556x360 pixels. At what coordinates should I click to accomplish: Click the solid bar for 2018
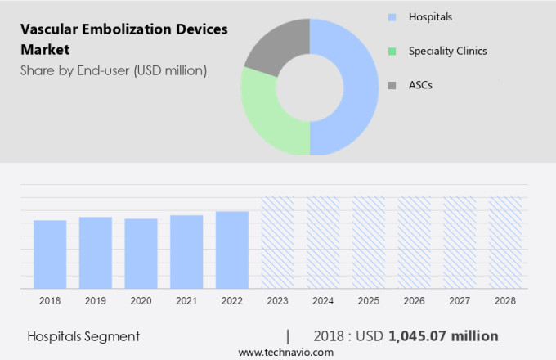pos(50,254)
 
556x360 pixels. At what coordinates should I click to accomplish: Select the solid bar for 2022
pos(232,250)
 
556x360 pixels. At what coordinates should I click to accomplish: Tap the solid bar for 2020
pos(141,254)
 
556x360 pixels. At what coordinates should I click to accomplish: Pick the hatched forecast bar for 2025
pos(369,242)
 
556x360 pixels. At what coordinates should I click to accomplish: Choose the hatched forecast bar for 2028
pos(505,242)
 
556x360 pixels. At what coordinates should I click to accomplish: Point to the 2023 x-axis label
pos(277,301)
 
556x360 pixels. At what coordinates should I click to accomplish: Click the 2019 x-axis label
pos(95,301)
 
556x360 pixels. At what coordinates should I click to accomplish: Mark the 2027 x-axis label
pos(460,301)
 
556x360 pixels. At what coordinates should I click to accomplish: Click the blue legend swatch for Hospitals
pos(392,17)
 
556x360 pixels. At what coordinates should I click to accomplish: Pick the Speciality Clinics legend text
pos(448,51)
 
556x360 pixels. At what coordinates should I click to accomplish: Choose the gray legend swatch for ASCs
pos(392,85)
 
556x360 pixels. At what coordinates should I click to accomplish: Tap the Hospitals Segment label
pos(83,336)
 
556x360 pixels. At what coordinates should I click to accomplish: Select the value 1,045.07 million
pos(443,336)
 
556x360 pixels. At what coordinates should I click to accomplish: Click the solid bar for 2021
pos(186,252)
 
